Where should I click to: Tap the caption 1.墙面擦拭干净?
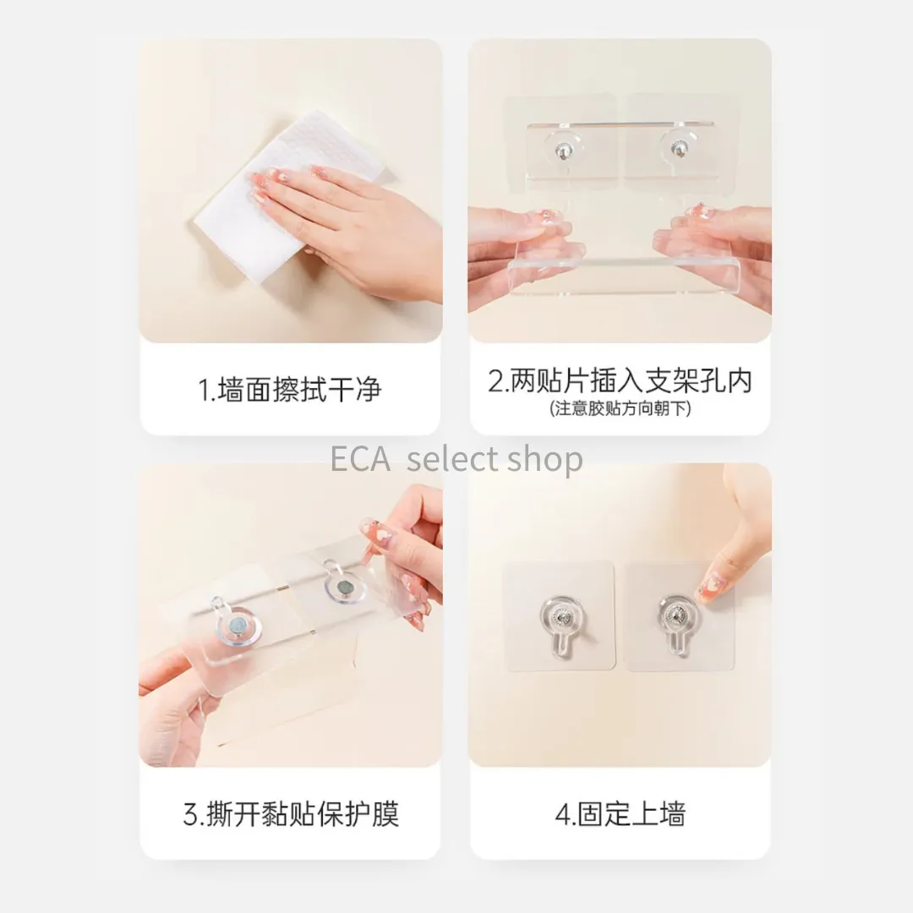point(290,390)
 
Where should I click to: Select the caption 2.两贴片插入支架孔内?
point(621,381)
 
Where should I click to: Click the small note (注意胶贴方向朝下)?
point(621,409)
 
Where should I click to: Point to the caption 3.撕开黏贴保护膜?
point(291,814)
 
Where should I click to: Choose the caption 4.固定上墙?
point(621,814)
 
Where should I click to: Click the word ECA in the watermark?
point(360,459)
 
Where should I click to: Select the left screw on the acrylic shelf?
point(562,150)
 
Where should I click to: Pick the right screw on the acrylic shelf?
point(677,149)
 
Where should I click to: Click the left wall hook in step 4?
point(561,622)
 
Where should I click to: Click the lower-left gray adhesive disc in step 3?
point(238,627)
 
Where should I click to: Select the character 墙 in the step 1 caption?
point(231,390)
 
